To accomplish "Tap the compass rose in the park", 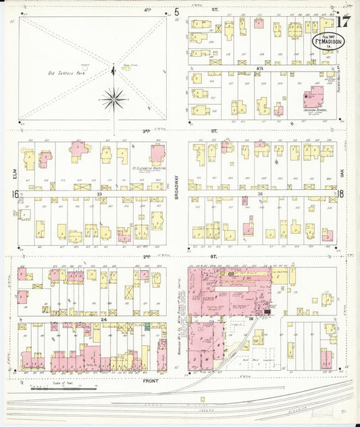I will coord(113,100).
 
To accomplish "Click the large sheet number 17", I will coord(342,20).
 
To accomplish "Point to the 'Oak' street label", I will coord(343,174).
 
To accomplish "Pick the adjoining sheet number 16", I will coord(13,194).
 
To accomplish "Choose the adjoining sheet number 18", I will coord(343,194).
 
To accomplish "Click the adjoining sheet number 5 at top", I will coord(177,11).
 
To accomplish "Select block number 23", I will coord(99,193).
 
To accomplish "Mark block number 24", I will coord(103,318).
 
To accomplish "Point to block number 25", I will coord(261,193).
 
